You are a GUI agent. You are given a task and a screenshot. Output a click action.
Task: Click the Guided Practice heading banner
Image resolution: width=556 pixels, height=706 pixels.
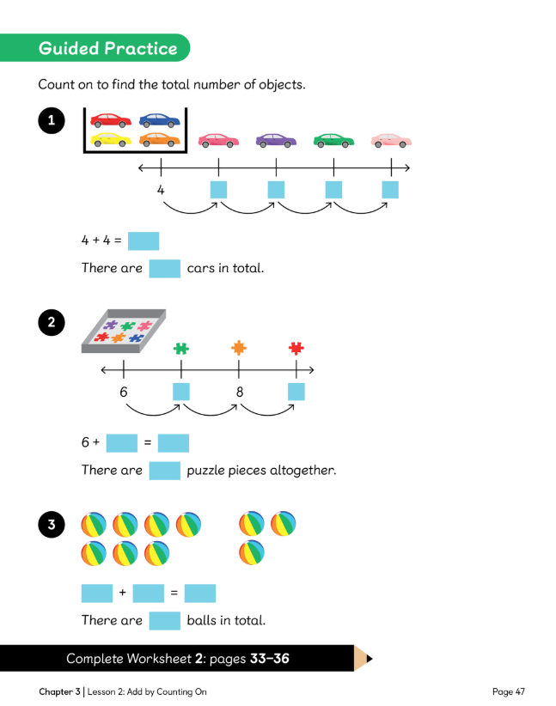[x=107, y=48]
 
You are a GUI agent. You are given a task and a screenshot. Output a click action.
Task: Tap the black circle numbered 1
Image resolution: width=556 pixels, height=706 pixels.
[x=52, y=122]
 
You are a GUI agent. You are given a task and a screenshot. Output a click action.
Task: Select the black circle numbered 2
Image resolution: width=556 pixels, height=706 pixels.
[x=52, y=323]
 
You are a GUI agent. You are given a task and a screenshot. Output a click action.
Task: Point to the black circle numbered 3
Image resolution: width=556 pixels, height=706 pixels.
[x=52, y=525]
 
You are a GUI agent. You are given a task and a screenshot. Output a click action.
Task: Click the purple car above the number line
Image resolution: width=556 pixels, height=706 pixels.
[x=275, y=139]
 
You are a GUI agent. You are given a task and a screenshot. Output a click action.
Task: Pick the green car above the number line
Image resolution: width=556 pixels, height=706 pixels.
[x=333, y=139]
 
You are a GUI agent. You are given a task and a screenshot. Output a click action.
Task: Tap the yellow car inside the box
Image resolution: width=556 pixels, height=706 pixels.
[x=111, y=139]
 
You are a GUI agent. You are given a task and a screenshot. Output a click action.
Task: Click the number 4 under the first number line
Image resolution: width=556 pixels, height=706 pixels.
[x=161, y=189]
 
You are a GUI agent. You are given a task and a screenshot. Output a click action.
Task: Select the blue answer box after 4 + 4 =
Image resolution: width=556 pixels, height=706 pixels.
[x=144, y=241]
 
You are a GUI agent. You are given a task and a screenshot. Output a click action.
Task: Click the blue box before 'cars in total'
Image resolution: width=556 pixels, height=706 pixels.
[x=164, y=268]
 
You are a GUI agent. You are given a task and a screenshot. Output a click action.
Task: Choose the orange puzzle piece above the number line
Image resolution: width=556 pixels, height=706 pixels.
[x=239, y=349]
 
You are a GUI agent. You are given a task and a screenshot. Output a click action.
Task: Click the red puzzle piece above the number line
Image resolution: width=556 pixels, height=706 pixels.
[x=296, y=349]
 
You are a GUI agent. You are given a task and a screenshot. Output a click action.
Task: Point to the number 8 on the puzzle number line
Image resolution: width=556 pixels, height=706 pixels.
[x=239, y=392]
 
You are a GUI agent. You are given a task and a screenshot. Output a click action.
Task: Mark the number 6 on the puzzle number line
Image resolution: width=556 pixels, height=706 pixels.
[x=124, y=392]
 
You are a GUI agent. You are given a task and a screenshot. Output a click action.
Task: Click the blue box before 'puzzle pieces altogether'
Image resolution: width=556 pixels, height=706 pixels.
[x=164, y=471]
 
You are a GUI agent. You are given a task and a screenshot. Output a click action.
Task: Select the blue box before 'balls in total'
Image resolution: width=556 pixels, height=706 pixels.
[x=164, y=620]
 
